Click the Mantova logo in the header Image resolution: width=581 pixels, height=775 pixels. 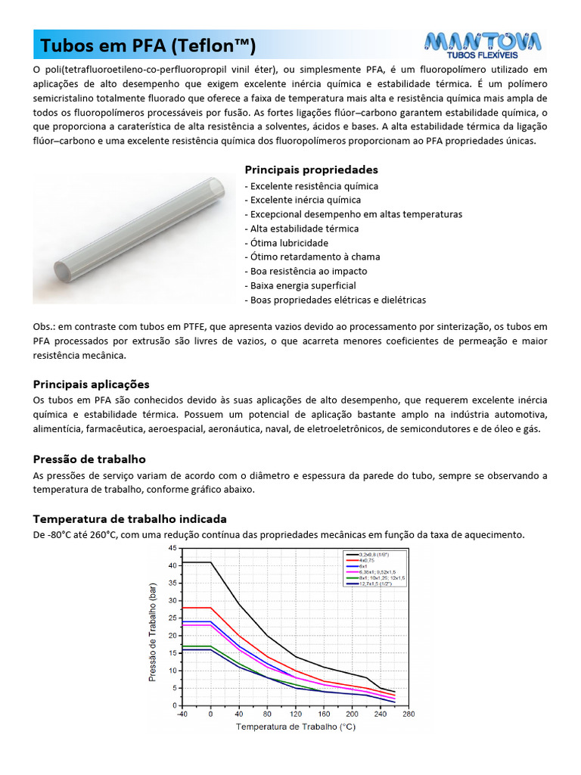click(x=482, y=45)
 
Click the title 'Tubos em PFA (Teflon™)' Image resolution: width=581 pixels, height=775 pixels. click(x=148, y=46)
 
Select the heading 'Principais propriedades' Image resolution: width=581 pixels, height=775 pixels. click(x=311, y=170)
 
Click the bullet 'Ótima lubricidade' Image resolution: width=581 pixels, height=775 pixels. click(x=287, y=243)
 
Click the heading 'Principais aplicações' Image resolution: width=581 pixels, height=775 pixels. click(x=91, y=384)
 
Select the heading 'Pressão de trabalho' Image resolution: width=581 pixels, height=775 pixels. click(x=89, y=459)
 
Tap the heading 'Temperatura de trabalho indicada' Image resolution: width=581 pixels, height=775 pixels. click(x=129, y=519)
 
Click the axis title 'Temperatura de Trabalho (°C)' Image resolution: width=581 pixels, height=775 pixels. click(x=295, y=727)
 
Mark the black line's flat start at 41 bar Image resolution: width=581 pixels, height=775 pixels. click(x=195, y=562)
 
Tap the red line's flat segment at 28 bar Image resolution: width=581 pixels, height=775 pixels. click(x=195, y=608)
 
